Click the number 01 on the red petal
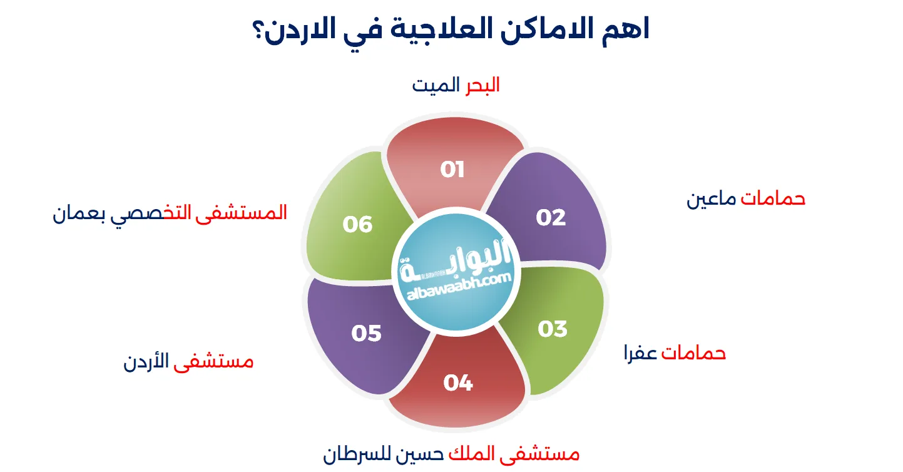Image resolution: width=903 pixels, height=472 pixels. (452, 170)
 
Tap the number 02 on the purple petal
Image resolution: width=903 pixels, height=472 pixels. (551, 218)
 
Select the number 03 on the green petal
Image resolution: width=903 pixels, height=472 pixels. (553, 329)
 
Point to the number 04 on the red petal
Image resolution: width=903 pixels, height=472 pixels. (458, 382)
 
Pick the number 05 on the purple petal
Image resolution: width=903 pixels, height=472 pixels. (366, 333)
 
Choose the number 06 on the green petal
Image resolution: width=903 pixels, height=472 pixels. (357, 224)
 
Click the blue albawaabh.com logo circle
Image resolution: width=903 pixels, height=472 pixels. (456, 272)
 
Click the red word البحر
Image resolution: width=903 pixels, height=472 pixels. (482, 85)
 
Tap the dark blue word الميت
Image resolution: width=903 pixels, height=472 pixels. (436, 85)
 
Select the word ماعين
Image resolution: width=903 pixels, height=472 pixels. (712, 199)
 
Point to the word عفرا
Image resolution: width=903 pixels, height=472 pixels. (641, 354)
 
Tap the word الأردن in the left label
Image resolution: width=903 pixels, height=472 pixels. (146, 361)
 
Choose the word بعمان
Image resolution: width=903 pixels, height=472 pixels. (79, 213)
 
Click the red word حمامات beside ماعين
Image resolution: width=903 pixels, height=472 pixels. (773, 198)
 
